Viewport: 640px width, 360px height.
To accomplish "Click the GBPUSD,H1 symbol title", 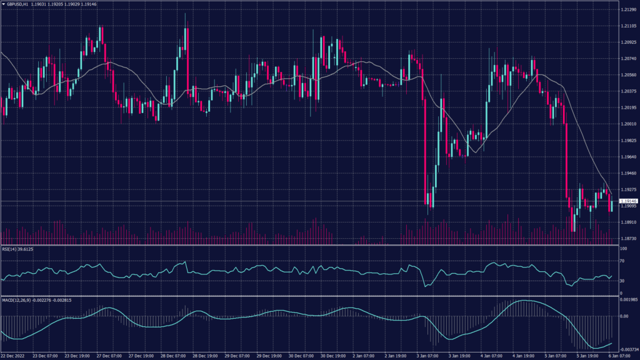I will tap(26, 4).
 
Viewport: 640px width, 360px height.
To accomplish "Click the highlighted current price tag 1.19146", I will tap(628, 201).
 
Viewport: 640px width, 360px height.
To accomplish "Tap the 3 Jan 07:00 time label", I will tap(429, 356).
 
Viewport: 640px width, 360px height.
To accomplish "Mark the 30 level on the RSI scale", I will tap(622, 281).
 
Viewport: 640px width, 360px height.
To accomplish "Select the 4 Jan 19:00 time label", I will tap(524, 356).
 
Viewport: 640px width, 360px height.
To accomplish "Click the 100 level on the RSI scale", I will tap(623, 249).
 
